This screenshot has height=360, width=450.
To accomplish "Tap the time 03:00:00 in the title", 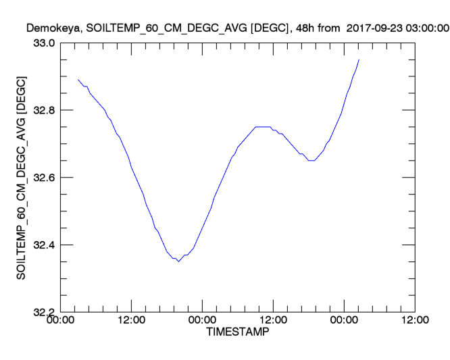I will [424, 28].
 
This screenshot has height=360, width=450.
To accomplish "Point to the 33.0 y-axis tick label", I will [45, 43].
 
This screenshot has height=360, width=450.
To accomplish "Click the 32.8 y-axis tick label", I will [45, 110].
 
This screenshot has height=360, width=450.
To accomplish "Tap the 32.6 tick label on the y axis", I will [45, 178].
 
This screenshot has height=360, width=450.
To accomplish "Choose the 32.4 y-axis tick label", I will [45, 245].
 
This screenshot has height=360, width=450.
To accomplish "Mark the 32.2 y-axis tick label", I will [45, 312].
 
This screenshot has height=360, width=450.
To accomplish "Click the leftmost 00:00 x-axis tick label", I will [60, 321].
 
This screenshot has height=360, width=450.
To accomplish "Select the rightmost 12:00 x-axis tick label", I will [414, 321].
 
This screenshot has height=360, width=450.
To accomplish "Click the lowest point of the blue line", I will [178, 261].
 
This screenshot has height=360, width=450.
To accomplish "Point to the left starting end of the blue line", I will [78, 80].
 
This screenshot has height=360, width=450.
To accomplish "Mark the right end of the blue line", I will [359, 59].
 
